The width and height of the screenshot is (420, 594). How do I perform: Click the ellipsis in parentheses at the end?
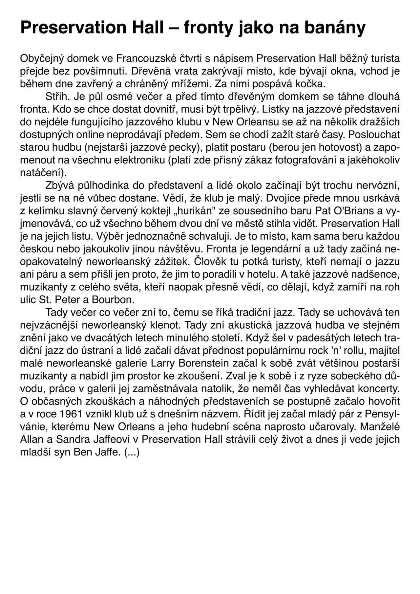point(132,452)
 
